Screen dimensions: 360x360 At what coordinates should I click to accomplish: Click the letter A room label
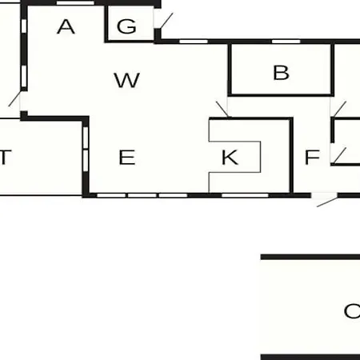[66, 26]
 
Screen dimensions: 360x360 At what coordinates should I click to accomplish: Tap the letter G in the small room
[126, 26]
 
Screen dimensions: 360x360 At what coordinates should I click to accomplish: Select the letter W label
[127, 80]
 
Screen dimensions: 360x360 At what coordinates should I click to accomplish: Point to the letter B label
[281, 73]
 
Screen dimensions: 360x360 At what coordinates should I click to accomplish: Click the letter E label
[127, 158]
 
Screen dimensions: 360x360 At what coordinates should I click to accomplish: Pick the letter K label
[230, 158]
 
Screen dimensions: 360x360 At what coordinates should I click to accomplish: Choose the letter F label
[312, 158]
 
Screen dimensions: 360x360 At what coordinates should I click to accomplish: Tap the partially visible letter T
[6, 158]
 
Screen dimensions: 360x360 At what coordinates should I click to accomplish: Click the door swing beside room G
[166, 21]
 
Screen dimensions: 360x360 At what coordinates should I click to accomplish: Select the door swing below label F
[327, 202]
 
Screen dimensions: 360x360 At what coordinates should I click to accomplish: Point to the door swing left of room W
[14, 99]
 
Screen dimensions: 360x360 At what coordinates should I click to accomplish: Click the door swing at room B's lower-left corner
[222, 109]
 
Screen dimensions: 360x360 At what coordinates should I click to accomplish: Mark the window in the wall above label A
[75, 3]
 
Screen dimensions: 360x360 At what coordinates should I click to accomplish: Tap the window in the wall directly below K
[245, 195]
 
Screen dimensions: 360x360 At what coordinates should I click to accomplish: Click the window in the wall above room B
[286, 42]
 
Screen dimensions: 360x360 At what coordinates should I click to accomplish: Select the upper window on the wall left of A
[24, 26]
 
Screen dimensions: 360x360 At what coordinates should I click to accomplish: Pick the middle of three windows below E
[142, 195]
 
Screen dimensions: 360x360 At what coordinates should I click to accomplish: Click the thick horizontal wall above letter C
[310, 257]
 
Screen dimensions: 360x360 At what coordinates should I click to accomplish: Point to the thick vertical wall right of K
[292, 156]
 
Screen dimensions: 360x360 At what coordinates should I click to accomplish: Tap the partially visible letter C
[352, 311]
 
